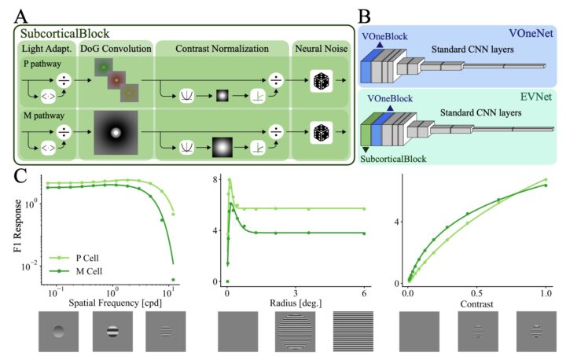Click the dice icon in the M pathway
(321, 134)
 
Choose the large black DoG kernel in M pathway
(116, 133)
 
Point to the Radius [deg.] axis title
(289, 303)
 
